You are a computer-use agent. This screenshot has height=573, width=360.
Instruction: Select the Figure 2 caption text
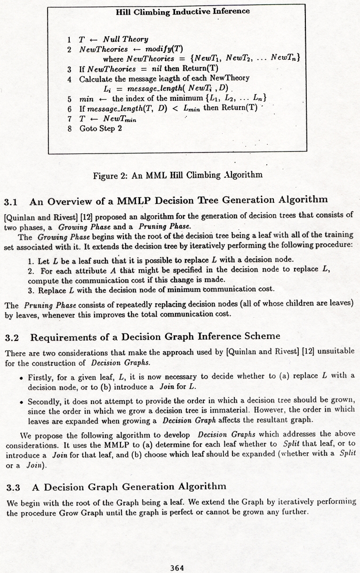coord(177,175)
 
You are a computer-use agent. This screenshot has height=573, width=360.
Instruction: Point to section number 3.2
coord(11,337)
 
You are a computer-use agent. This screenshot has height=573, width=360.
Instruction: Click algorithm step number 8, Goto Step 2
coord(70,129)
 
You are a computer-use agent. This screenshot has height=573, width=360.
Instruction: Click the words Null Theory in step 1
coord(125,40)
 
